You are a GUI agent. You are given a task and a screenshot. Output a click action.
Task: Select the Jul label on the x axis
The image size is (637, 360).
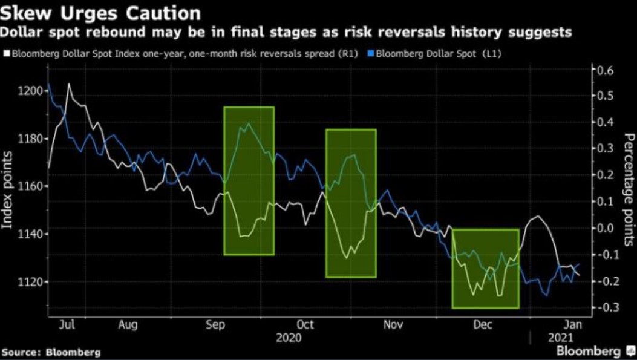(x=68, y=325)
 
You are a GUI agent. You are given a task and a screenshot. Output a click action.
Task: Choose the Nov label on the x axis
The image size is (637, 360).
(x=394, y=325)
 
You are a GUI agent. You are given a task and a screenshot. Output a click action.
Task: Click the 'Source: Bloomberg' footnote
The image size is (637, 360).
(x=51, y=352)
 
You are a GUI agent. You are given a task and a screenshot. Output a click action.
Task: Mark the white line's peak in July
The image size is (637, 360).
(x=68, y=84)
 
